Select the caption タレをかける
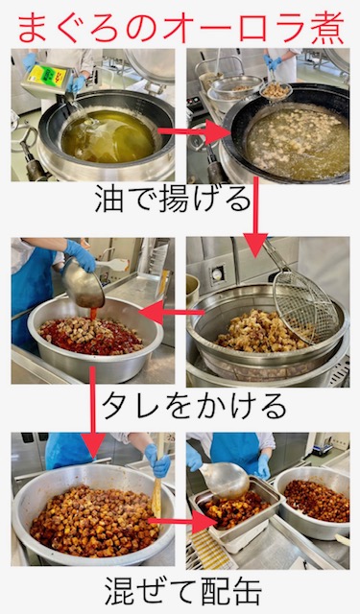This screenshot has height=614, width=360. [x=194, y=407]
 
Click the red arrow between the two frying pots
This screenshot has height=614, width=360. [x=195, y=132]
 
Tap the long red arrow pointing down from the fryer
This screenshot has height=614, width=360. [x=255, y=217]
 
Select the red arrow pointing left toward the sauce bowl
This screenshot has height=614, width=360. [x=172, y=312]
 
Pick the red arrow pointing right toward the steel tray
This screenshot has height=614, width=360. [x=181, y=521]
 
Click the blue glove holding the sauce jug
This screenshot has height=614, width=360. [x=81, y=255]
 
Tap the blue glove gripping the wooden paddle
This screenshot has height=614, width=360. [x=157, y=461]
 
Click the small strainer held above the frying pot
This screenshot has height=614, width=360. [x=276, y=89]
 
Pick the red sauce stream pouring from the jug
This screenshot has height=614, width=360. [x=93, y=316]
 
